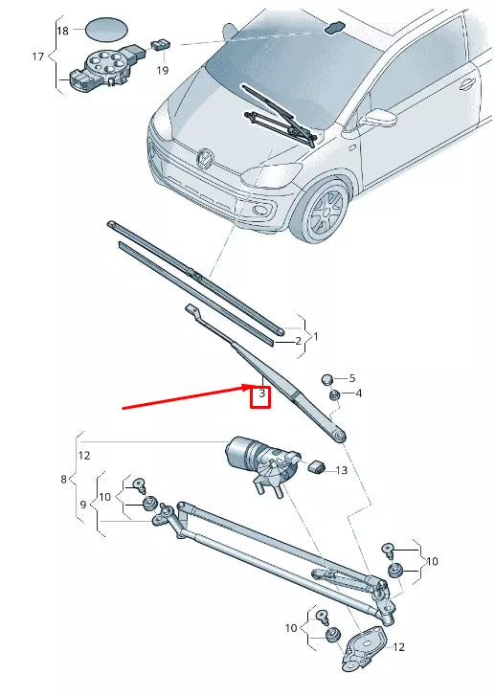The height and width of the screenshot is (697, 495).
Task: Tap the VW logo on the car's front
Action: (x=204, y=157)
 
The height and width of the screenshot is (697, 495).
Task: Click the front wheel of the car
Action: (x=326, y=213)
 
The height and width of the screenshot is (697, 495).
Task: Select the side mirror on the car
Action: (x=381, y=119)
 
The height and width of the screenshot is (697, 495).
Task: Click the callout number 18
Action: (x=62, y=31)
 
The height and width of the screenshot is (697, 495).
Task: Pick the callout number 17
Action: (x=38, y=56)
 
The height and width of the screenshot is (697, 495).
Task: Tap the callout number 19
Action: (x=162, y=70)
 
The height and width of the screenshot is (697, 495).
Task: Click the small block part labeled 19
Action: (x=162, y=44)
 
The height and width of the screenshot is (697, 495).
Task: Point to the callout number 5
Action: (x=350, y=378)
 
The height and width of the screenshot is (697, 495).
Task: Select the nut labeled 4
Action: (x=334, y=394)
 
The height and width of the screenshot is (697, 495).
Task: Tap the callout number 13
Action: (x=342, y=469)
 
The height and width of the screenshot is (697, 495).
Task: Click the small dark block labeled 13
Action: (x=318, y=466)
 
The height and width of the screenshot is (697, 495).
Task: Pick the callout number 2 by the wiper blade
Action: (x=297, y=340)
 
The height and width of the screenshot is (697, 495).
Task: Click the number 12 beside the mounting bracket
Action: (x=398, y=647)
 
